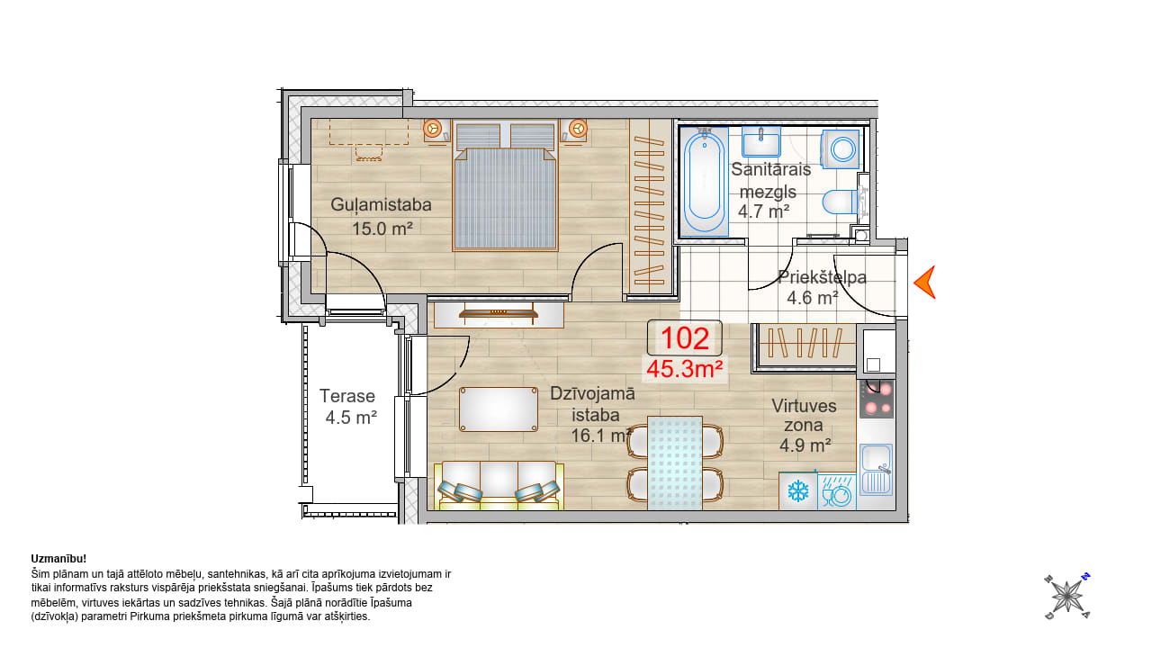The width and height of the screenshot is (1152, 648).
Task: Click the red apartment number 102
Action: click(x=685, y=338)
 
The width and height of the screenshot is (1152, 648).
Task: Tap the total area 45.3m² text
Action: click(x=685, y=369)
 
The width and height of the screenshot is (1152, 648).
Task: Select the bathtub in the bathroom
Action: click(x=704, y=181)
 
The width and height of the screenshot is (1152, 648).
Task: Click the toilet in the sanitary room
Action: click(x=841, y=202)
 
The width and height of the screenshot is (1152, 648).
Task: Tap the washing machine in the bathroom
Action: click(x=841, y=149)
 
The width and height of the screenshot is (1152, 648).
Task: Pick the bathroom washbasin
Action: click(x=761, y=141)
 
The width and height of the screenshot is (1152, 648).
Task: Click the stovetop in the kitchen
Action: click(x=877, y=399)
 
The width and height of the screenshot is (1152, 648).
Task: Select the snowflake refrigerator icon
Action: click(x=797, y=491)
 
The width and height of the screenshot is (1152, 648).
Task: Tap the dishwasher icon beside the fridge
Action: click(x=837, y=491)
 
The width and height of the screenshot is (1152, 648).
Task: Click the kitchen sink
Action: click(x=877, y=470)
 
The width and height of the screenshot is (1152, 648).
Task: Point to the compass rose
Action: click(x=1067, y=597)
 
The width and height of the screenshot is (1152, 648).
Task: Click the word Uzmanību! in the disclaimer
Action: click(x=58, y=559)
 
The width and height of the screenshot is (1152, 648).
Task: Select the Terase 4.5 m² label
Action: click(x=348, y=406)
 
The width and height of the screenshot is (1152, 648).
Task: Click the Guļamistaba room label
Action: click(x=381, y=204)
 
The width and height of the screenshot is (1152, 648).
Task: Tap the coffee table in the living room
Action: click(x=499, y=409)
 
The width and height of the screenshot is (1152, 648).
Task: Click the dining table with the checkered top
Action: click(x=675, y=463)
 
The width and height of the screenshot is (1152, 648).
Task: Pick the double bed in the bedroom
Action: click(x=505, y=186)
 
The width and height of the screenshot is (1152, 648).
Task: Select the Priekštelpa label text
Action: click(x=822, y=277)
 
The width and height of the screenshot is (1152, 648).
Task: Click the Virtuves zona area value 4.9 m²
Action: click(x=805, y=445)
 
